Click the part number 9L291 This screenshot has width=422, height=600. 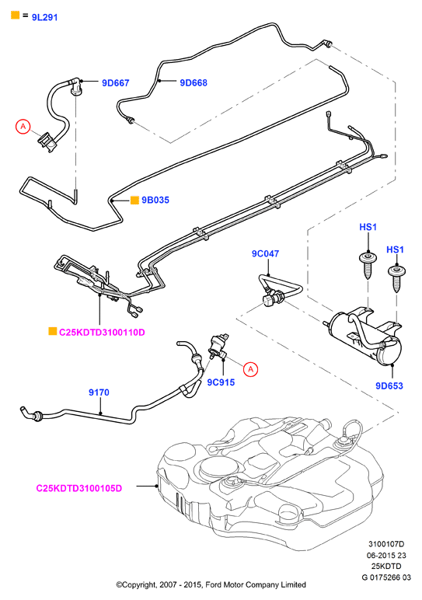point(44,17)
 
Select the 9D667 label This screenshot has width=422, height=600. point(116,82)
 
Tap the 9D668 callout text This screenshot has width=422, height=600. point(194,82)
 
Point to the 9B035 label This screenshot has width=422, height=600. point(155,200)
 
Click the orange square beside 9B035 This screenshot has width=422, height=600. point(134,200)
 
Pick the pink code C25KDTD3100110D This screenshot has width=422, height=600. point(102,332)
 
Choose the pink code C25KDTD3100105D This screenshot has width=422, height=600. point(78,488)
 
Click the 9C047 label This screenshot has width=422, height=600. point(265,253)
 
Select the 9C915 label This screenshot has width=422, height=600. point(221,382)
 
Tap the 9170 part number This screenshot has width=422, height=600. point(99,392)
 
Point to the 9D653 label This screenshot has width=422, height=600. point(389,385)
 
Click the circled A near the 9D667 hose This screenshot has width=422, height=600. point(23,126)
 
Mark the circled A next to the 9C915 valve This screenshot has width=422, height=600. point(250,369)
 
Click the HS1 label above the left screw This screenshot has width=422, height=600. point(368,227)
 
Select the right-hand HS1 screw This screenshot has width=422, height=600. point(396,278)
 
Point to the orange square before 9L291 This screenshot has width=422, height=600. point(15,16)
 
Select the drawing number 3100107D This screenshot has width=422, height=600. point(386,544)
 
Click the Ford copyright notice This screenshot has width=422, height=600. point(211,584)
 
